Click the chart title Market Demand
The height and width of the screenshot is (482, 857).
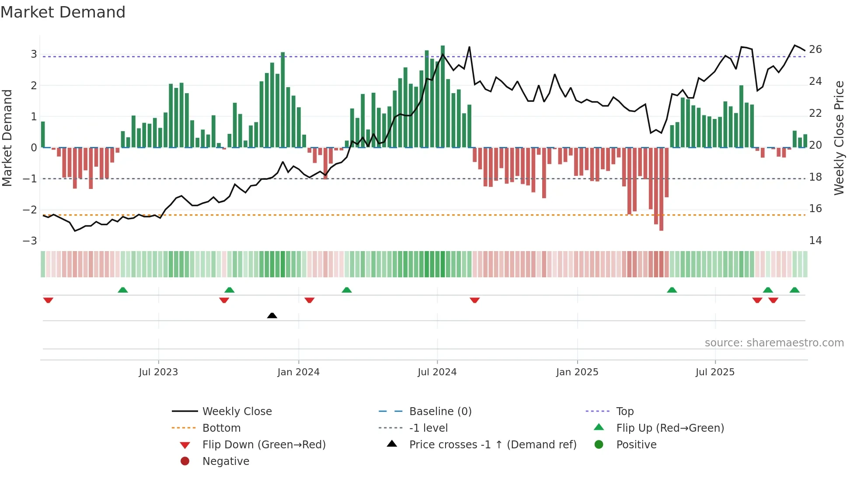(63, 12)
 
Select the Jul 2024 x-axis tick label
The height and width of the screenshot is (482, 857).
(437, 372)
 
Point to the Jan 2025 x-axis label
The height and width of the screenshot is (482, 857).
(577, 372)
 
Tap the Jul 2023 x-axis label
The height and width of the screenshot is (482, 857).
(158, 372)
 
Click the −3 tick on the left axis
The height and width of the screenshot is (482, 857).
(30, 241)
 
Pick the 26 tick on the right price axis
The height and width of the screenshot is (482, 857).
(815, 49)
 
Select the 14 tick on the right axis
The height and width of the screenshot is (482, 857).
(815, 241)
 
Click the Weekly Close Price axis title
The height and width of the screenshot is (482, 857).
(839, 138)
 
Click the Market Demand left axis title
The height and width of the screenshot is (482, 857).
(7, 138)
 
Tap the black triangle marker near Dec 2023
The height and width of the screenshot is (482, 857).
(272, 315)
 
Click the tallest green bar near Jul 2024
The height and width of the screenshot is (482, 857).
(442, 96)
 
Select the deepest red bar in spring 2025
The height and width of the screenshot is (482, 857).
(661, 188)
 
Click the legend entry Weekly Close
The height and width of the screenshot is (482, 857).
(237, 412)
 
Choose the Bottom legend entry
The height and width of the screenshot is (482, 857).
(221, 428)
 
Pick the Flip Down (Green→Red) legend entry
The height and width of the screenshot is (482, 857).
(264, 445)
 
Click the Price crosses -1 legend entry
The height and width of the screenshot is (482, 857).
(492, 445)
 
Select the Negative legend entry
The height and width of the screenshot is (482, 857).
(226, 461)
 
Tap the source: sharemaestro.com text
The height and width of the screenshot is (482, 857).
(774, 343)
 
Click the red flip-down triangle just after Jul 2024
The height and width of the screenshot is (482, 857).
(475, 300)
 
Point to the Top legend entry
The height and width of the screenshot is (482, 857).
(624, 412)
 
